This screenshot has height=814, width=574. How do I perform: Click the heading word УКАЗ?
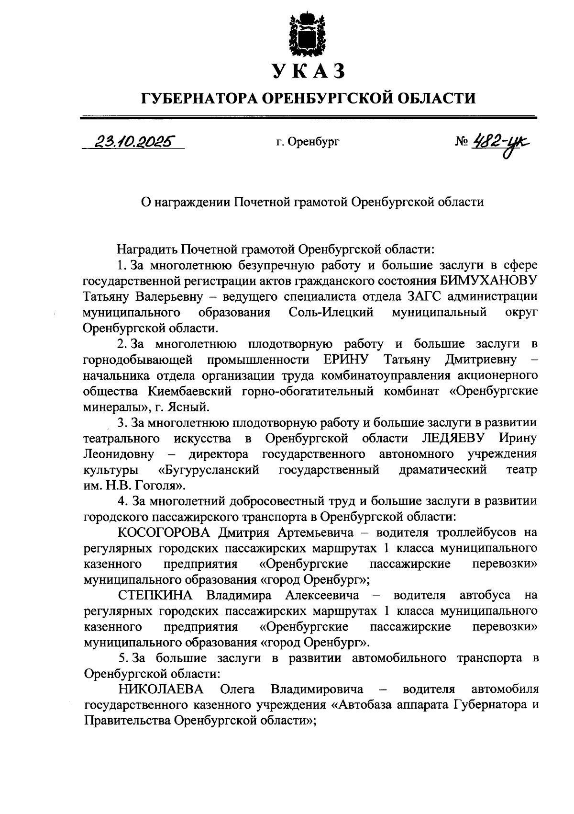pos(308,72)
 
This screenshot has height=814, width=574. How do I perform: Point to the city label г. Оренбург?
pos(308,142)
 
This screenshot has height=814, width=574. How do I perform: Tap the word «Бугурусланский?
pos(209,470)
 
